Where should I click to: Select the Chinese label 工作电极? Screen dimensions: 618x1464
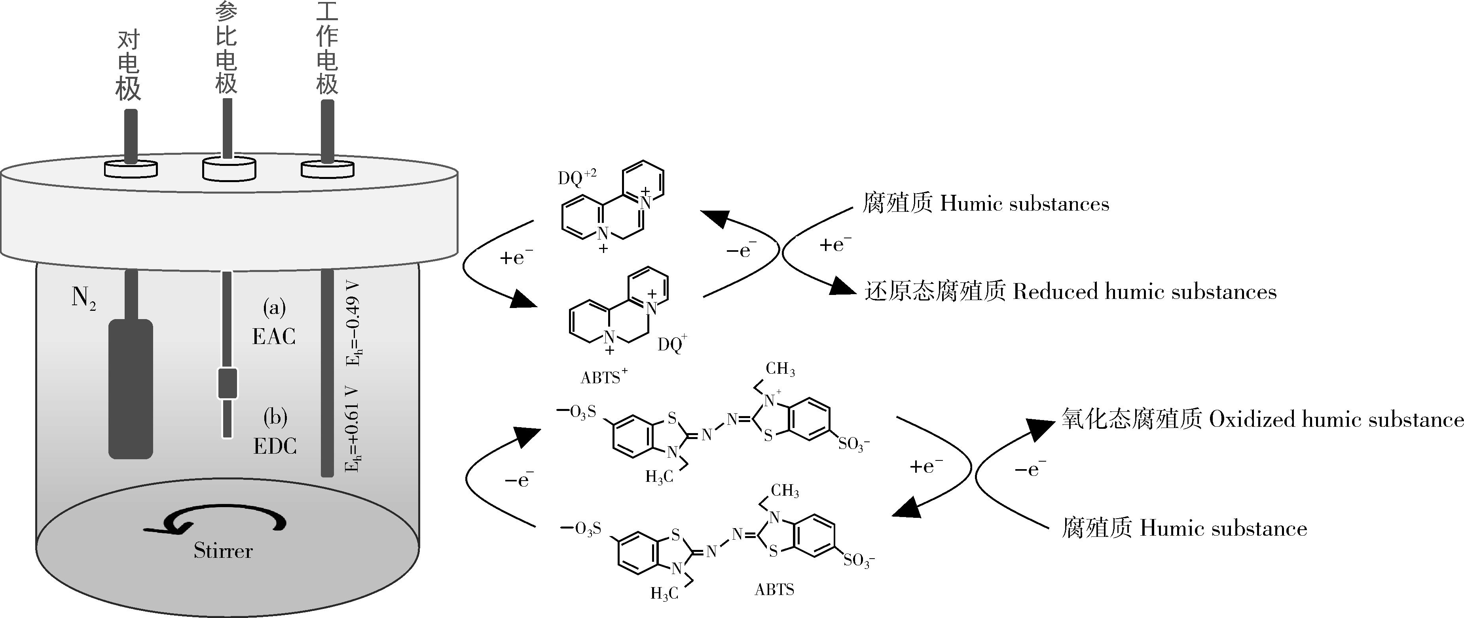(x=327, y=49)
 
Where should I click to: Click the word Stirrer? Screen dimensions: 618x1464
(x=223, y=550)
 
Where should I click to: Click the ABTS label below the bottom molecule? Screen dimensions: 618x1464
(x=774, y=589)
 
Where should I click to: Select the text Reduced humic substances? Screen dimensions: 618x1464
(x=1145, y=292)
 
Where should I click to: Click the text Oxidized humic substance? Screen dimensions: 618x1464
(x=1335, y=420)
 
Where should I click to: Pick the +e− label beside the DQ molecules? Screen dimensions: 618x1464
(x=516, y=258)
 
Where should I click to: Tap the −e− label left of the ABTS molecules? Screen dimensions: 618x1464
(x=519, y=480)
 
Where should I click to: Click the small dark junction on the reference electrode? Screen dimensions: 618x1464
(x=228, y=383)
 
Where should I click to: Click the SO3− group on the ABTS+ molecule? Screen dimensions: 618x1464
(x=853, y=443)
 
